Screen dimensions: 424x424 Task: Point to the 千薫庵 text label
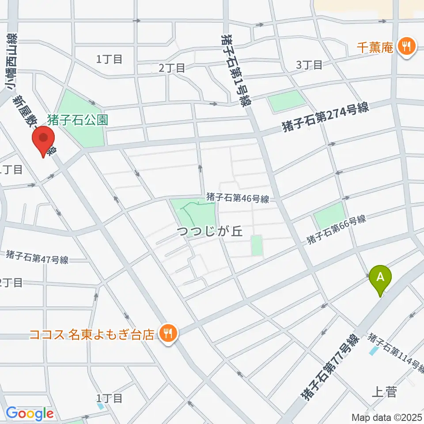[x=375, y=47]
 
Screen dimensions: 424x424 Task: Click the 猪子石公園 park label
[x=77, y=120]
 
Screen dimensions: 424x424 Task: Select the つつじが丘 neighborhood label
[x=210, y=232]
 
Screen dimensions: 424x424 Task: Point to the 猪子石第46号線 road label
[x=238, y=198]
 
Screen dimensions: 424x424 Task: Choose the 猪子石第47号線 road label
[x=37, y=257]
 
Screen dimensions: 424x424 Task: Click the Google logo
[x=30, y=414]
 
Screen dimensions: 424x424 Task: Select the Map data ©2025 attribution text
[x=386, y=417]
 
